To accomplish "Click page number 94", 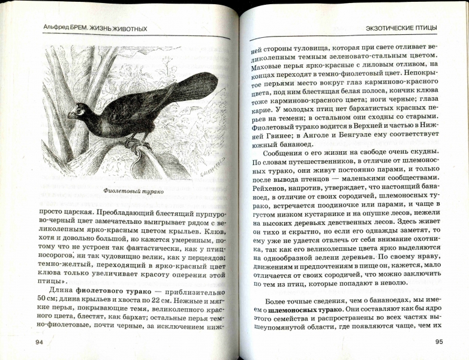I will click(40, 342).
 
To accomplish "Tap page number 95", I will click(438, 343).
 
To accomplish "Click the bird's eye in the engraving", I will click(80, 109).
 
